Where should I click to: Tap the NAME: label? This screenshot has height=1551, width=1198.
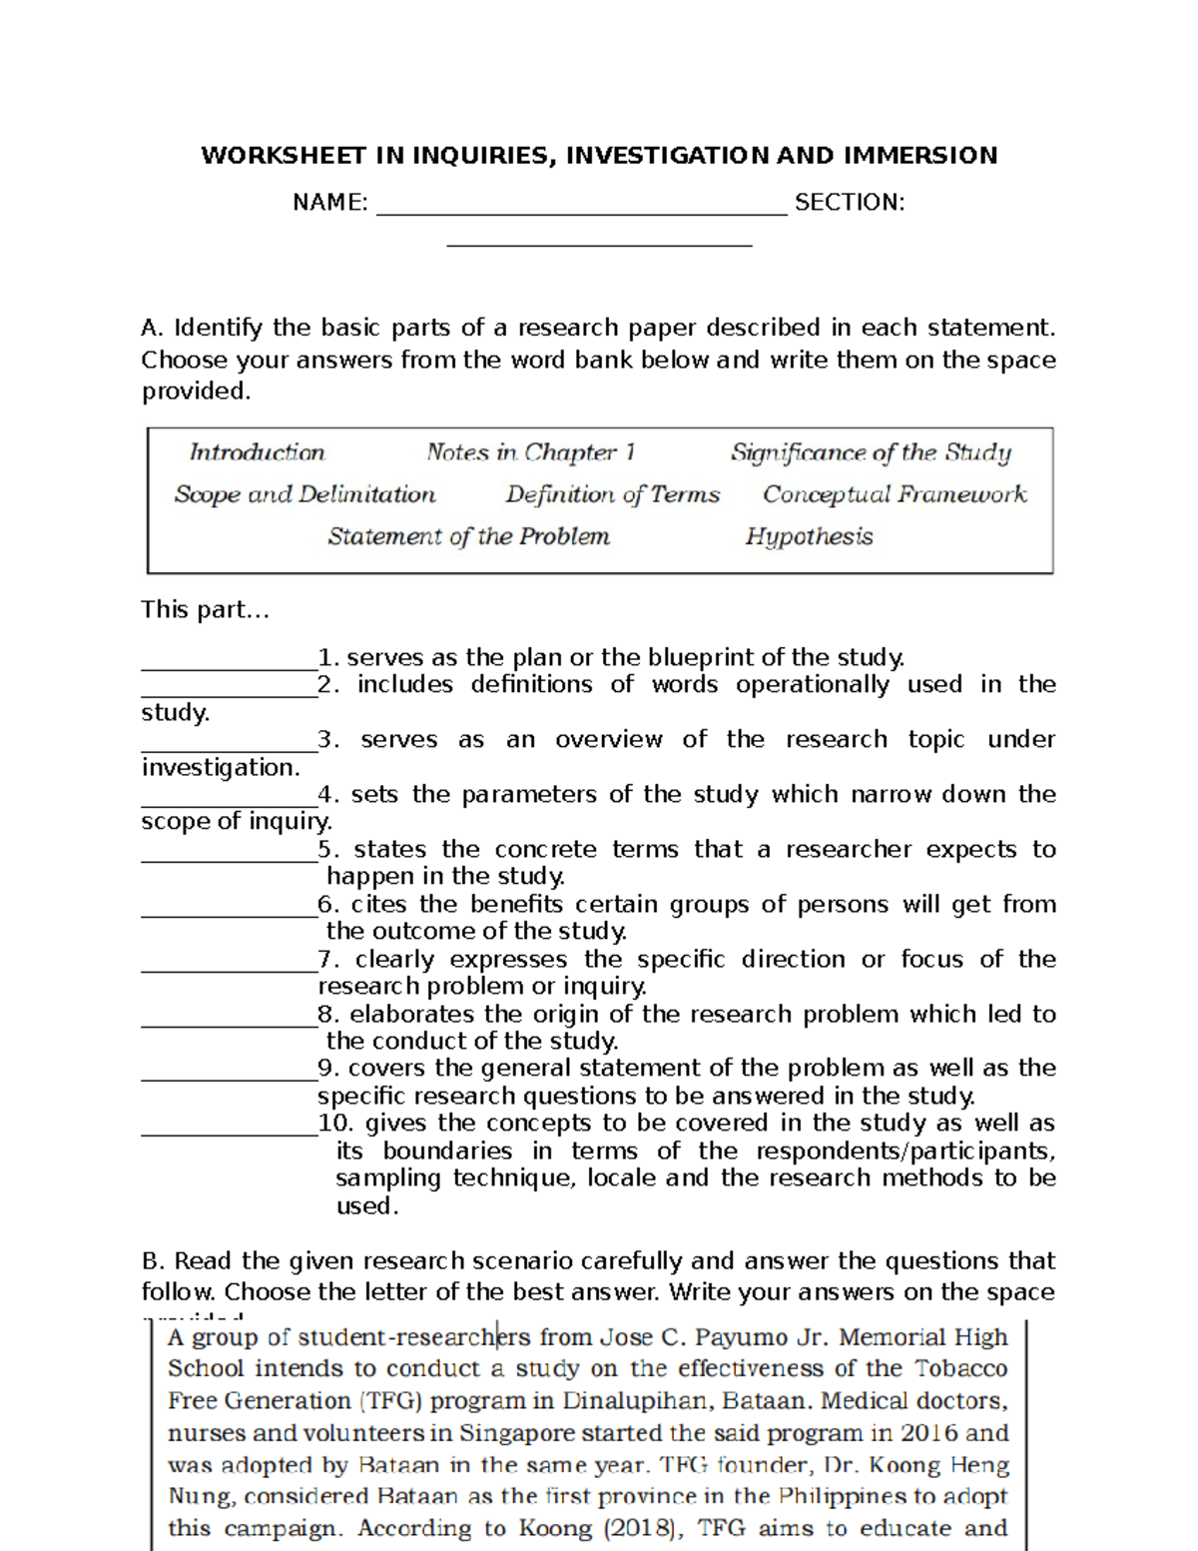click(329, 203)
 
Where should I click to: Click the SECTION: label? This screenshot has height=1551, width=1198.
click(850, 203)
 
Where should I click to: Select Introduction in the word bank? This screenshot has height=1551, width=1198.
click(257, 452)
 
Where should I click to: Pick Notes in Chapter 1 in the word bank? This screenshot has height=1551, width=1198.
click(530, 452)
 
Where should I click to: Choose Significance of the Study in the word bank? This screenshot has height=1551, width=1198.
click(871, 452)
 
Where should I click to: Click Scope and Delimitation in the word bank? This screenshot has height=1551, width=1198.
click(304, 494)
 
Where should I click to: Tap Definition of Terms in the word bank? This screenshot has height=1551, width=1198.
click(612, 494)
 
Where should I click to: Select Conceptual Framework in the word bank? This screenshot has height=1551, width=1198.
click(895, 494)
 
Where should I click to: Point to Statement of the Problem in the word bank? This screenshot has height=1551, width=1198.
click(468, 536)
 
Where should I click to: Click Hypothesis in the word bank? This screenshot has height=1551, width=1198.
click(809, 536)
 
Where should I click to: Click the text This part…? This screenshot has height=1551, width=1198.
click(205, 609)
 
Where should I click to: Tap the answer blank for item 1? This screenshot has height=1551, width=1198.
click(229, 665)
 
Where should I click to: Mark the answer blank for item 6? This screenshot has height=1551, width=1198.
click(229, 912)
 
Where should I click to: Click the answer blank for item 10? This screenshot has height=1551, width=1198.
click(229, 1132)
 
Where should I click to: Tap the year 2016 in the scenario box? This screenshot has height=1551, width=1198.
click(927, 1433)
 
